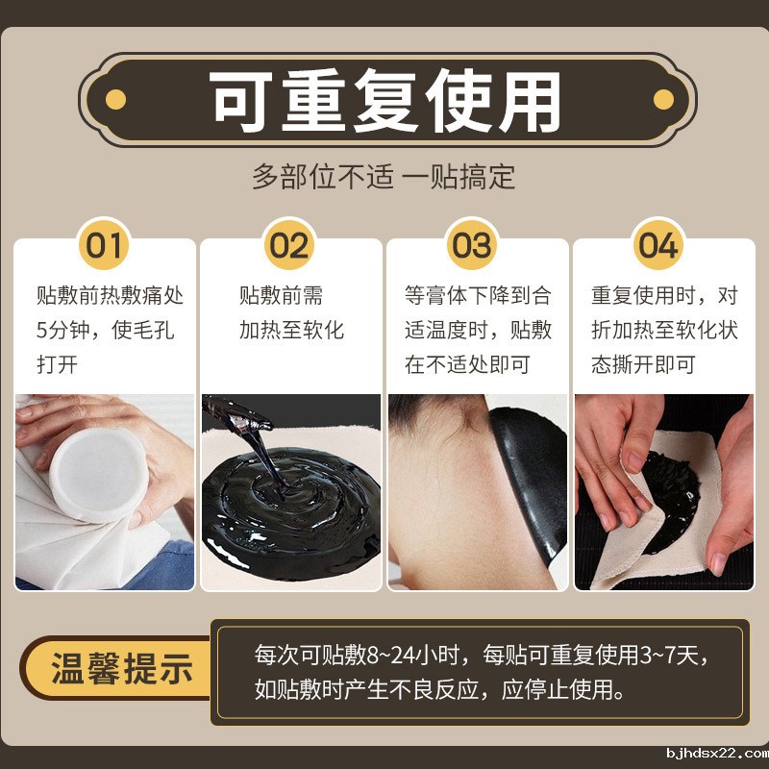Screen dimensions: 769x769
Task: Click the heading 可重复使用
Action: point(384,100)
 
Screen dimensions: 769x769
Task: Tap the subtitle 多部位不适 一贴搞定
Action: point(384,177)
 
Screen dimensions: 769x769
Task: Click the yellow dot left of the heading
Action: point(115,99)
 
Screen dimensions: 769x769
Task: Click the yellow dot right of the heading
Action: point(663,99)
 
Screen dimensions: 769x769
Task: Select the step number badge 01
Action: point(105,245)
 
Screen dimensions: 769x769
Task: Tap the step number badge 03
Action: point(472,245)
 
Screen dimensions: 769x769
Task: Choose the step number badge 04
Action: point(658,245)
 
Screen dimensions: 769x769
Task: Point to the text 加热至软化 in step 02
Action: point(291,331)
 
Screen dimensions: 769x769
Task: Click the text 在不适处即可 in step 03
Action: point(467,365)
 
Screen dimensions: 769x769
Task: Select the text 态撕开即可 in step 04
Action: point(643,365)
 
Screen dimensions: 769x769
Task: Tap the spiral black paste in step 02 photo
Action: point(288,509)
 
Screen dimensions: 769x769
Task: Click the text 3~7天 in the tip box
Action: point(674,657)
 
